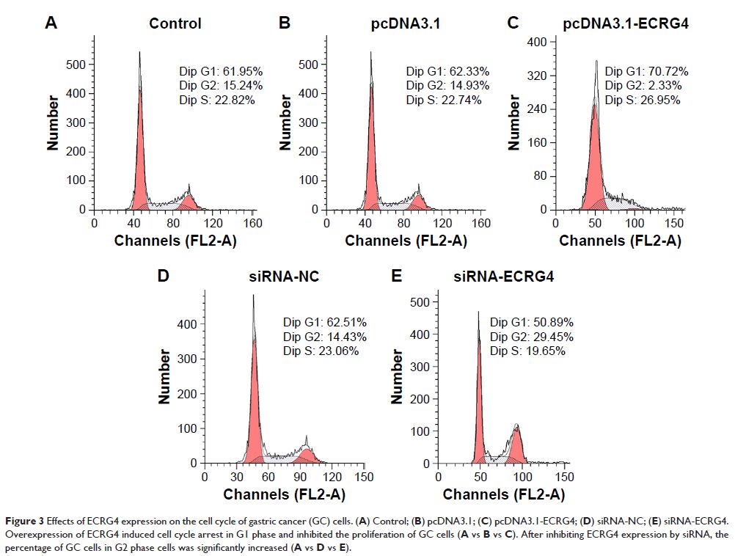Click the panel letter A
coord(51,23)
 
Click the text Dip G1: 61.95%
coord(221,71)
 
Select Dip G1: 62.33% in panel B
coord(447,71)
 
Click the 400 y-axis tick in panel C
coord(538,43)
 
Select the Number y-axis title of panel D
coord(165,376)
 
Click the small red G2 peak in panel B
coord(418,202)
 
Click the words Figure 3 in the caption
coord(26,519)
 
